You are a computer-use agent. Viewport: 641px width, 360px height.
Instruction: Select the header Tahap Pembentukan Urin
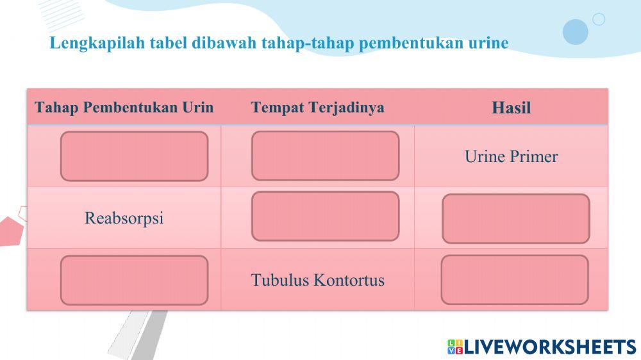point(124,107)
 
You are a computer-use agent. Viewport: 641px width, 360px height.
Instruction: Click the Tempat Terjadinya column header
point(317,107)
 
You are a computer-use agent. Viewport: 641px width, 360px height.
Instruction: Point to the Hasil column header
point(511,108)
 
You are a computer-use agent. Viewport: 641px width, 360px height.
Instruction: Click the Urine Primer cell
point(511,157)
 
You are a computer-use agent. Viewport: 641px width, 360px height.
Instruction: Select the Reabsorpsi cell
point(124,218)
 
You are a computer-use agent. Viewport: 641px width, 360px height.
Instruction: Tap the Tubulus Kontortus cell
point(317,280)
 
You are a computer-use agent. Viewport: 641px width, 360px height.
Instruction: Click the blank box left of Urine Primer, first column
point(134,156)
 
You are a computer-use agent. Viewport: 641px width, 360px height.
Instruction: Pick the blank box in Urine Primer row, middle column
point(325,156)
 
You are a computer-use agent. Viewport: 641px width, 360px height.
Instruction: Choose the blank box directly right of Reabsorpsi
point(325,216)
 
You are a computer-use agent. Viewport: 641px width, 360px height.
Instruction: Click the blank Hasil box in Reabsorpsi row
point(515,218)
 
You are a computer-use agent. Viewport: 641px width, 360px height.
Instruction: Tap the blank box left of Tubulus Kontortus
point(134,280)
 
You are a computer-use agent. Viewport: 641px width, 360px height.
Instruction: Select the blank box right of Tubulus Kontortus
point(515,279)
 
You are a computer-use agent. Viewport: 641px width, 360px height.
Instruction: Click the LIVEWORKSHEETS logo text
point(549,347)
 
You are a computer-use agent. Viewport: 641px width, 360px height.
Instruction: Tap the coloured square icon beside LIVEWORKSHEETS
point(455,347)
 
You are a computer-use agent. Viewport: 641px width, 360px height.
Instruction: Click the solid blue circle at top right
point(575,31)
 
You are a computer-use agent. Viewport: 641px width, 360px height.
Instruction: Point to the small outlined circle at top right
point(599,19)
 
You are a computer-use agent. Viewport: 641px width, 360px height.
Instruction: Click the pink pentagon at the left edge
point(9,231)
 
